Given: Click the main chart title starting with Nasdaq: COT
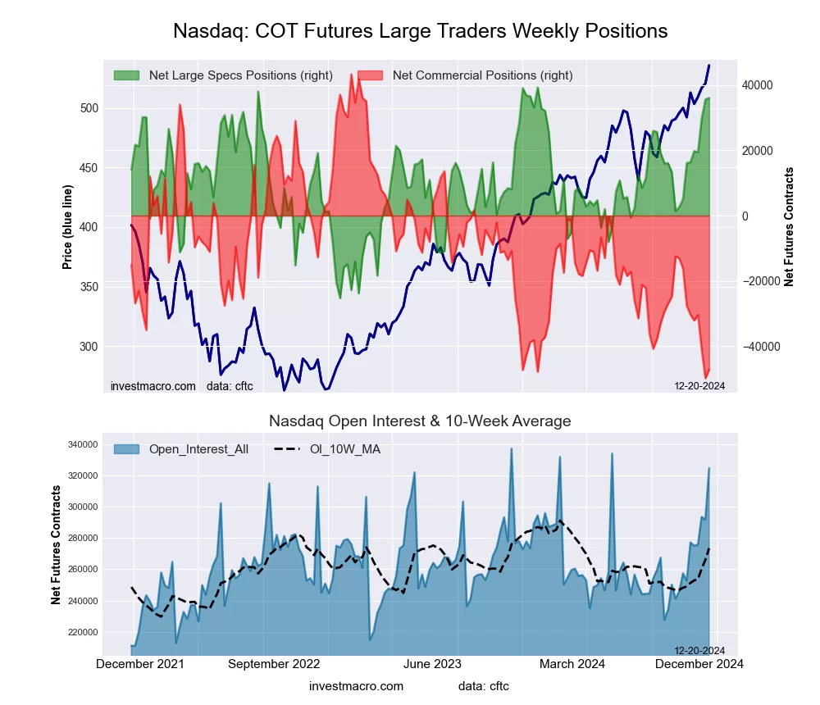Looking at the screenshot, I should pos(420,31).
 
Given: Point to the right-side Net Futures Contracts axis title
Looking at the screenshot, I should pos(789,227).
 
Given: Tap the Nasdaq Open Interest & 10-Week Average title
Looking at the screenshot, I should pos(420,421).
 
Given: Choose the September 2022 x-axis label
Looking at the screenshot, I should pos(274,664).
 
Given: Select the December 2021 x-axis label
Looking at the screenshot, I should pos(140,664).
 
